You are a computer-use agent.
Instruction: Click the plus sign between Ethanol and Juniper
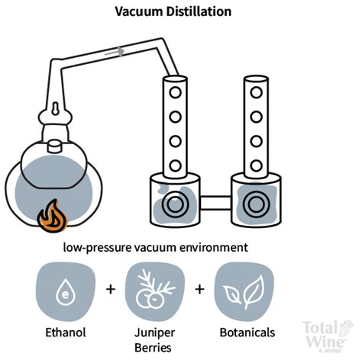110,291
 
